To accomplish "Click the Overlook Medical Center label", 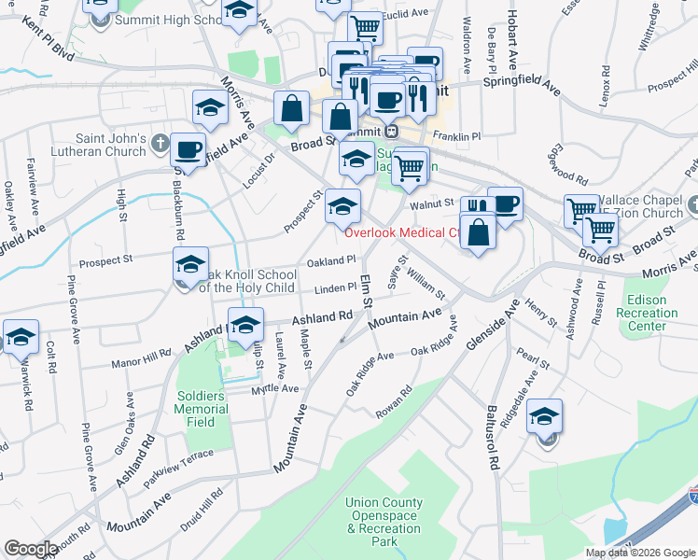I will tap(402, 233).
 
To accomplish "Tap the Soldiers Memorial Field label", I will tap(201, 409).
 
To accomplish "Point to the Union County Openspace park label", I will tap(383, 522).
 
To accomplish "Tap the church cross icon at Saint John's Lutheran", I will tap(161, 144).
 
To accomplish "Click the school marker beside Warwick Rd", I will tap(20, 338).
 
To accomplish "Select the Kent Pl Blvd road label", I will tap(49, 34).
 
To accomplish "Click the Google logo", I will tap(32, 549).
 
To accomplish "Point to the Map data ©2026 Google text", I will tap(640, 553).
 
